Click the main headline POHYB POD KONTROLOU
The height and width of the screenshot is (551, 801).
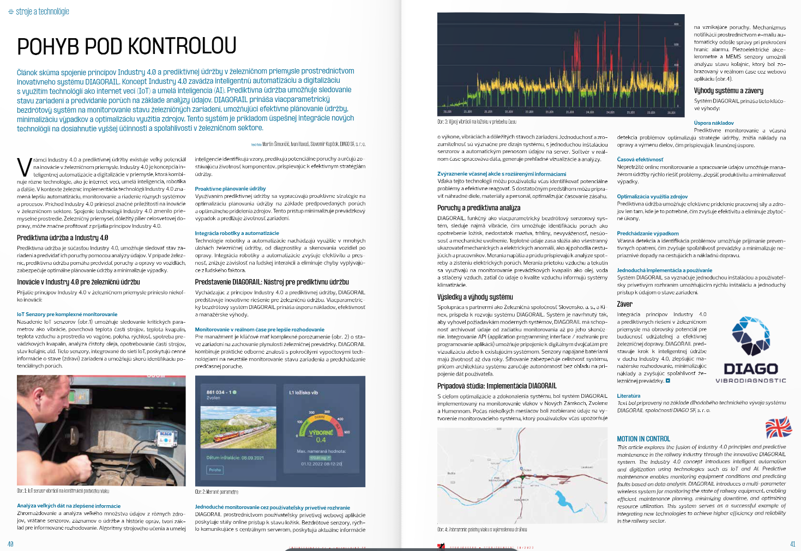[127, 46]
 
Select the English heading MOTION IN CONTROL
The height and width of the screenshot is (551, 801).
[643, 439]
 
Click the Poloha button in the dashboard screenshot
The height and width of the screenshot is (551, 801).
[215, 470]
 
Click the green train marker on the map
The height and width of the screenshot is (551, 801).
[522, 476]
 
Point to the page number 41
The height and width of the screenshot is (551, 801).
[792, 544]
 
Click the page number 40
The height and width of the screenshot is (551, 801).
[10, 544]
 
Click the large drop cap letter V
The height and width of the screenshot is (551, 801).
[24, 167]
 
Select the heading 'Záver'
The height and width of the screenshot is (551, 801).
[624, 304]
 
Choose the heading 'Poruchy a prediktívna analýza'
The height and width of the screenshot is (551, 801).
[479, 208]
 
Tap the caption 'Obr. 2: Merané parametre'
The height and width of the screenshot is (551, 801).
[216, 492]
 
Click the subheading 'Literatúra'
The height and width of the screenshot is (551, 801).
[628, 396]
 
